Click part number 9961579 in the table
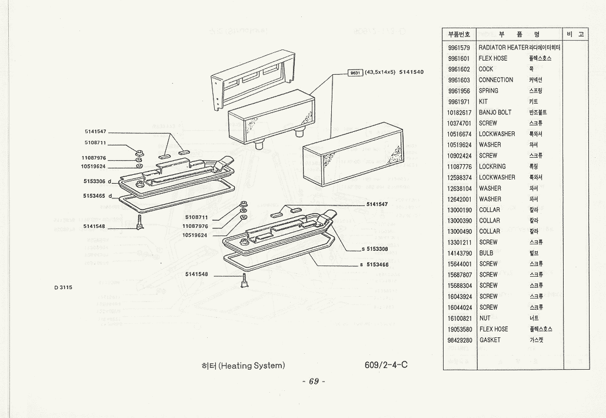tap(458, 47)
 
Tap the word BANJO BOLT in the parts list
tap(495, 112)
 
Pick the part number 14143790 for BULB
tap(458, 253)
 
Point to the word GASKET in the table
tap(490, 340)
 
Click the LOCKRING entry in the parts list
tap(492, 167)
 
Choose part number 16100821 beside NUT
tap(458, 319)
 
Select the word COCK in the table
tap(486, 69)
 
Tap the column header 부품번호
tap(459, 34)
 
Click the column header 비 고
tap(575, 34)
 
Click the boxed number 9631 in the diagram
tap(355, 72)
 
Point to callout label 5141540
tap(411, 72)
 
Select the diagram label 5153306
tap(94, 181)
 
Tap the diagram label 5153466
tap(378, 265)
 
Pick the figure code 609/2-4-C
tap(386, 364)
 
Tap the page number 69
tap(314, 381)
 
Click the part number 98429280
tap(458, 340)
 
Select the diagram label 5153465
tap(94, 195)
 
